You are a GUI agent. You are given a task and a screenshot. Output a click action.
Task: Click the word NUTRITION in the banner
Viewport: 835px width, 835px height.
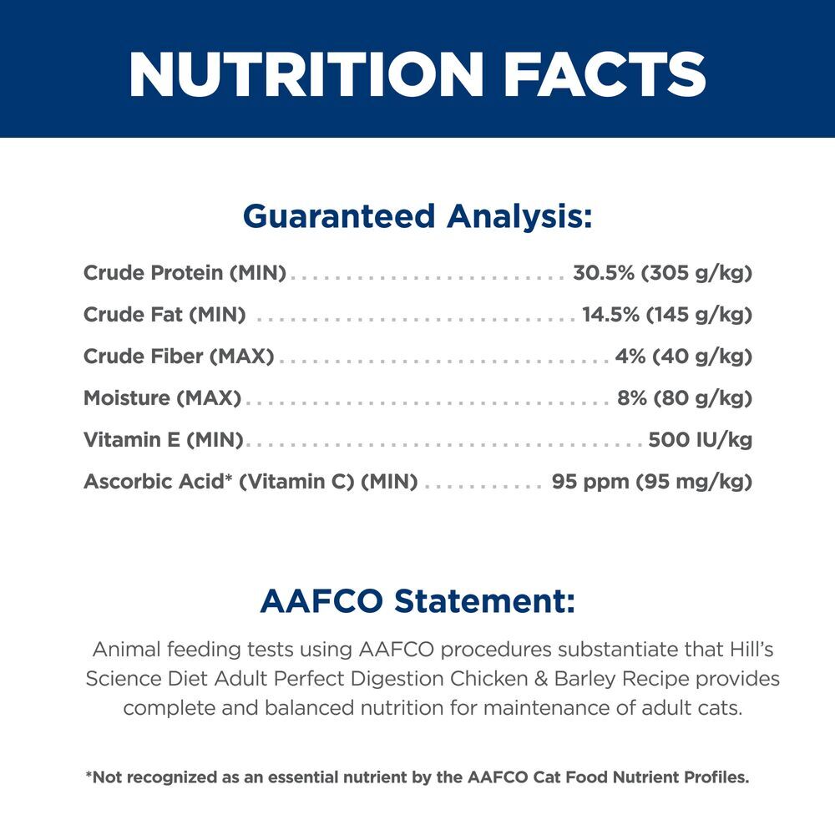click(x=306, y=74)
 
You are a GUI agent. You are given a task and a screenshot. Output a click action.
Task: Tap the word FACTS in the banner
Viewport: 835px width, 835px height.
click(x=605, y=74)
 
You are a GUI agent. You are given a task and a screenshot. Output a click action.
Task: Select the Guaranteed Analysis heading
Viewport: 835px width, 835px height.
click(x=417, y=217)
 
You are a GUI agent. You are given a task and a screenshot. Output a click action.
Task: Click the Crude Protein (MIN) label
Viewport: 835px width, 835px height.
click(x=185, y=273)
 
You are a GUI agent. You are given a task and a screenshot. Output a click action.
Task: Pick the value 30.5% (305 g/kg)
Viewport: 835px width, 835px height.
click(x=662, y=273)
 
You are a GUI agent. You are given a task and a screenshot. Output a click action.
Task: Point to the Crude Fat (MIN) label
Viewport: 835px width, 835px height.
click(x=164, y=315)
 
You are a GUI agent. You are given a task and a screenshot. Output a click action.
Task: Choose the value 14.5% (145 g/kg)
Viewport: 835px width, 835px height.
click(x=667, y=315)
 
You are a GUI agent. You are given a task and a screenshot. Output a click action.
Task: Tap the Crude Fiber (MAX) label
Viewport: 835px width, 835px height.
click(x=179, y=357)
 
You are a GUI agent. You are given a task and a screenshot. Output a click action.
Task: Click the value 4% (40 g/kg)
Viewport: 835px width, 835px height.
click(x=684, y=357)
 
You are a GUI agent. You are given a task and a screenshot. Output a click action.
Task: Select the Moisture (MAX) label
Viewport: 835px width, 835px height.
click(x=163, y=398)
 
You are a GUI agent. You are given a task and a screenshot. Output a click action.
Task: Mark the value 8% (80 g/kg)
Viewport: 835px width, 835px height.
click(x=685, y=398)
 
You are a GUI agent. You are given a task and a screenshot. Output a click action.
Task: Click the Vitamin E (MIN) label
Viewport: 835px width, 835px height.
click(x=164, y=440)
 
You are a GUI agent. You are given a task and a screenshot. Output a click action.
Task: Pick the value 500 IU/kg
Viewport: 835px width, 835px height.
click(x=701, y=440)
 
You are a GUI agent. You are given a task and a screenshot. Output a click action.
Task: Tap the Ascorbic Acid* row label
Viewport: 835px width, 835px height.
click(x=250, y=482)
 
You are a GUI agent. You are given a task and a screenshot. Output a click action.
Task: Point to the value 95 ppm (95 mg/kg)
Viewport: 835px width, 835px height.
click(x=652, y=482)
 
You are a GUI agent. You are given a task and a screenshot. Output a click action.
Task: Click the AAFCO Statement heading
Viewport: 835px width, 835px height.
click(x=417, y=601)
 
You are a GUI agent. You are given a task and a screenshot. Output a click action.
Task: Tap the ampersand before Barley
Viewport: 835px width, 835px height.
click(x=541, y=679)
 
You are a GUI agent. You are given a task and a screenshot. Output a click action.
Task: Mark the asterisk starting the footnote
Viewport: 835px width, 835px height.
click(x=89, y=774)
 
